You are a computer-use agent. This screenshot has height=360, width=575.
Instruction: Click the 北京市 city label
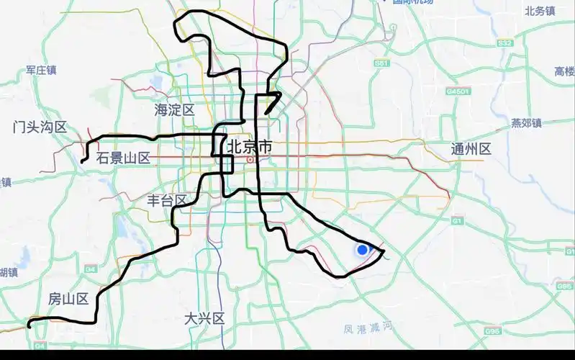click(250, 146)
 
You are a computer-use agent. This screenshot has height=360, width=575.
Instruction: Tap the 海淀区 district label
click(175, 110)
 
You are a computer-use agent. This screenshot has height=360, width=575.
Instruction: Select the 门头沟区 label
click(40, 127)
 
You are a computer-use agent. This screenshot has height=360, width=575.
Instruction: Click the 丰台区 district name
click(166, 200)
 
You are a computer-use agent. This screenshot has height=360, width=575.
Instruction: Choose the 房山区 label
click(68, 298)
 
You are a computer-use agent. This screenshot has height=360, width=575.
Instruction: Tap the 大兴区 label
click(204, 318)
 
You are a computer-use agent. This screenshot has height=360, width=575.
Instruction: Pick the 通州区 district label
click(471, 150)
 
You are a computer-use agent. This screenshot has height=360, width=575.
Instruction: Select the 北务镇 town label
click(540, 11)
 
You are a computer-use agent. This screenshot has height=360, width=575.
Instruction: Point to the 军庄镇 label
click(41, 70)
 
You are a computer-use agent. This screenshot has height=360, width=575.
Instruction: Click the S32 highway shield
click(505, 43)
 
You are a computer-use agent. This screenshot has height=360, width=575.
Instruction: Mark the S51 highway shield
click(381, 64)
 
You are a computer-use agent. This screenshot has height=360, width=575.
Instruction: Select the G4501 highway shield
click(457, 92)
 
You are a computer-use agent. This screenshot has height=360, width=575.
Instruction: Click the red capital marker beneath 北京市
click(250, 159)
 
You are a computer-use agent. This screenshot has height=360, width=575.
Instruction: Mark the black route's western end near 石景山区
click(83, 162)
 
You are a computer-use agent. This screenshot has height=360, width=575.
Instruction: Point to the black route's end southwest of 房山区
click(30, 326)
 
